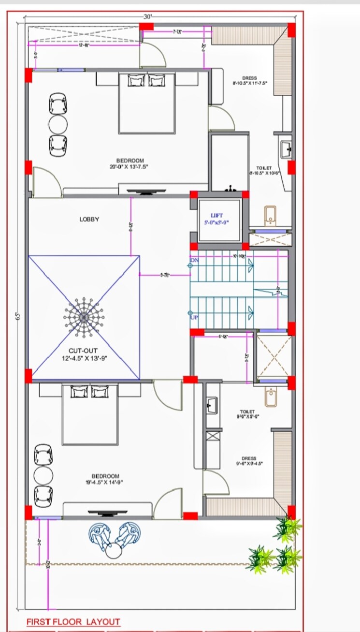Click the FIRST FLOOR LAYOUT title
[73, 621]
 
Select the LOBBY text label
[89, 219]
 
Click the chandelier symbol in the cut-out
[84, 317]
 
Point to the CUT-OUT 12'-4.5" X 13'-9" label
[83, 354]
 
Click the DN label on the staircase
[194, 261]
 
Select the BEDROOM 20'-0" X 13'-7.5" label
[130, 163]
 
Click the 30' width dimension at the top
[147, 16]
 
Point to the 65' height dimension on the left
[18, 316]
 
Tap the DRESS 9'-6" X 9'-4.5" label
[249, 460]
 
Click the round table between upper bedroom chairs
[58, 125]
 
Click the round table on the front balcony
[115, 551]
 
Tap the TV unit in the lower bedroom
[108, 512]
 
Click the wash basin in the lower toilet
[212, 405]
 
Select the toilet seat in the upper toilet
[270, 215]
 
